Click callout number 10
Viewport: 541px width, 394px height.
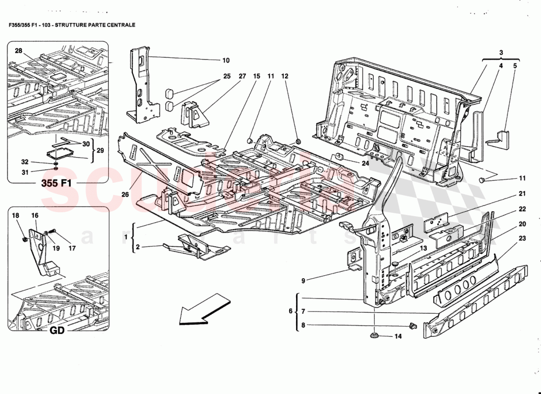point(226,61)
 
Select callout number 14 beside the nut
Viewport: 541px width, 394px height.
point(398,336)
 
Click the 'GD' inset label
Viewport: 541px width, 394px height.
point(57,330)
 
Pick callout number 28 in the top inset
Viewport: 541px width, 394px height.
point(18,51)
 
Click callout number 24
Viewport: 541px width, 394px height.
point(365,163)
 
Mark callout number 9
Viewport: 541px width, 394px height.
point(303,281)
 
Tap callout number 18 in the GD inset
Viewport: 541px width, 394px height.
point(15,216)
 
